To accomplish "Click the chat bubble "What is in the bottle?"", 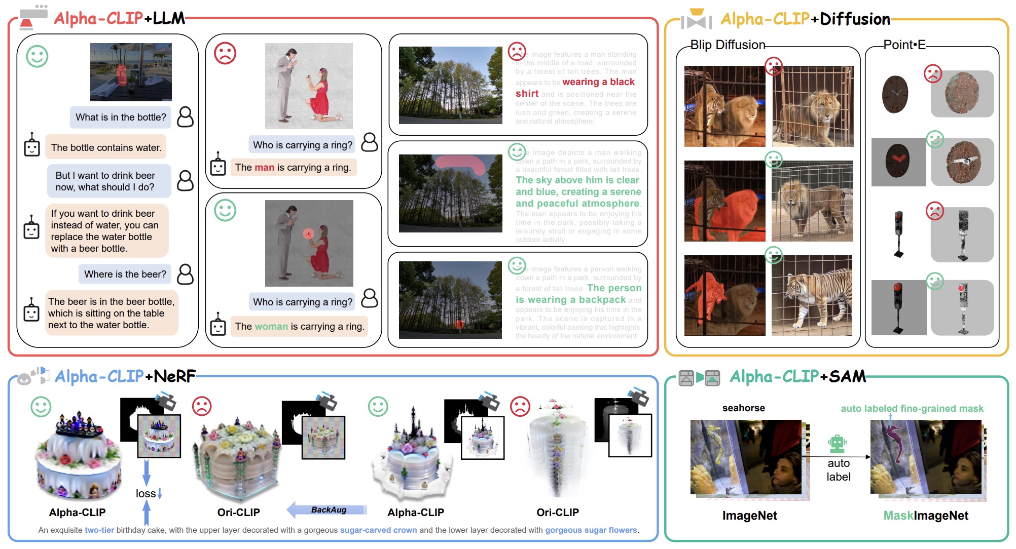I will point(121,117).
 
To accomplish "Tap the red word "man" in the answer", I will point(264,167).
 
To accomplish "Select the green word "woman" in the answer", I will point(271,326).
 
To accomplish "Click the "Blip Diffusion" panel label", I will point(728,45).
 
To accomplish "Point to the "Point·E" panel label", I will point(904,45).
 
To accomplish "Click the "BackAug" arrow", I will point(327,509).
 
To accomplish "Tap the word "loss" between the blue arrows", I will point(146,493).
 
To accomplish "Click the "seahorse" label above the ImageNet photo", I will point(743,408).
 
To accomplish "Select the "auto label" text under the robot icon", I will point(838,470).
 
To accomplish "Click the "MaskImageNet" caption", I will point(925,516).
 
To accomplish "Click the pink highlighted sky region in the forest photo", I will point(461,163).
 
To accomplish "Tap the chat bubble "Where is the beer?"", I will point(125,274).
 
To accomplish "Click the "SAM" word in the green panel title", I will point(847,376).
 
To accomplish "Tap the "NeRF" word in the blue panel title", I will point(174,376).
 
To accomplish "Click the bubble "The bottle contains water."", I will point(106,147).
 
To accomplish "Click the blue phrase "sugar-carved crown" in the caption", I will point(378,530).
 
